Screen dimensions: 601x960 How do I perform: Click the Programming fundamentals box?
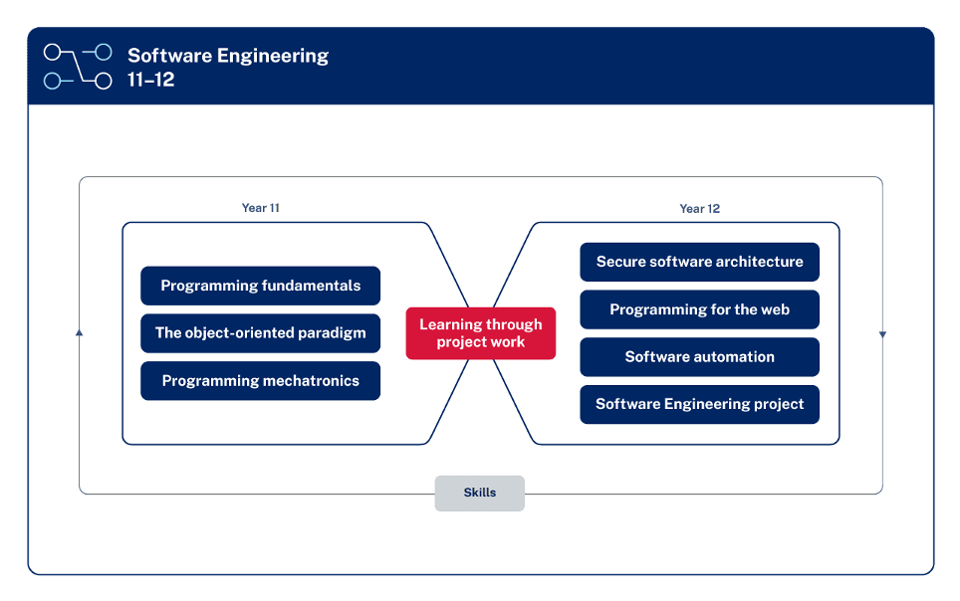pos(260,286)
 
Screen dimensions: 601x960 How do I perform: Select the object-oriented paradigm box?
pos(260,333)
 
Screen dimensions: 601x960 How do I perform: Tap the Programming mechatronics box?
pos(260,381)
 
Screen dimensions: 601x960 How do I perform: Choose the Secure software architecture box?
pos(699,262)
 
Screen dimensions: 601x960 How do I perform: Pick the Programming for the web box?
pos(699,309)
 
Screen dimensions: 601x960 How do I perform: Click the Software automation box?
pos(699,357)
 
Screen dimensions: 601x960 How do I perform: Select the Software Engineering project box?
pos(699,405)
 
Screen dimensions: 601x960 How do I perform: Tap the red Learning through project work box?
pos(480,333)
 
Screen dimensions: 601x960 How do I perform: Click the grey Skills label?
pos(479,493)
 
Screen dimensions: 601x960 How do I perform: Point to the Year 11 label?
pos(260,209)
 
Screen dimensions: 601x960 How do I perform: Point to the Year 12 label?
pos(699,209)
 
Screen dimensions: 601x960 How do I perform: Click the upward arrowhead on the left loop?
pos(80,333)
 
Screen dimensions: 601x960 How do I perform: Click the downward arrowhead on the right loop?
pos(882,334)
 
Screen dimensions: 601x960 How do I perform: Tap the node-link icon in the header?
pos(78,67)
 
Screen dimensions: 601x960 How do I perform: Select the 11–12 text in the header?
pos(151,81)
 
